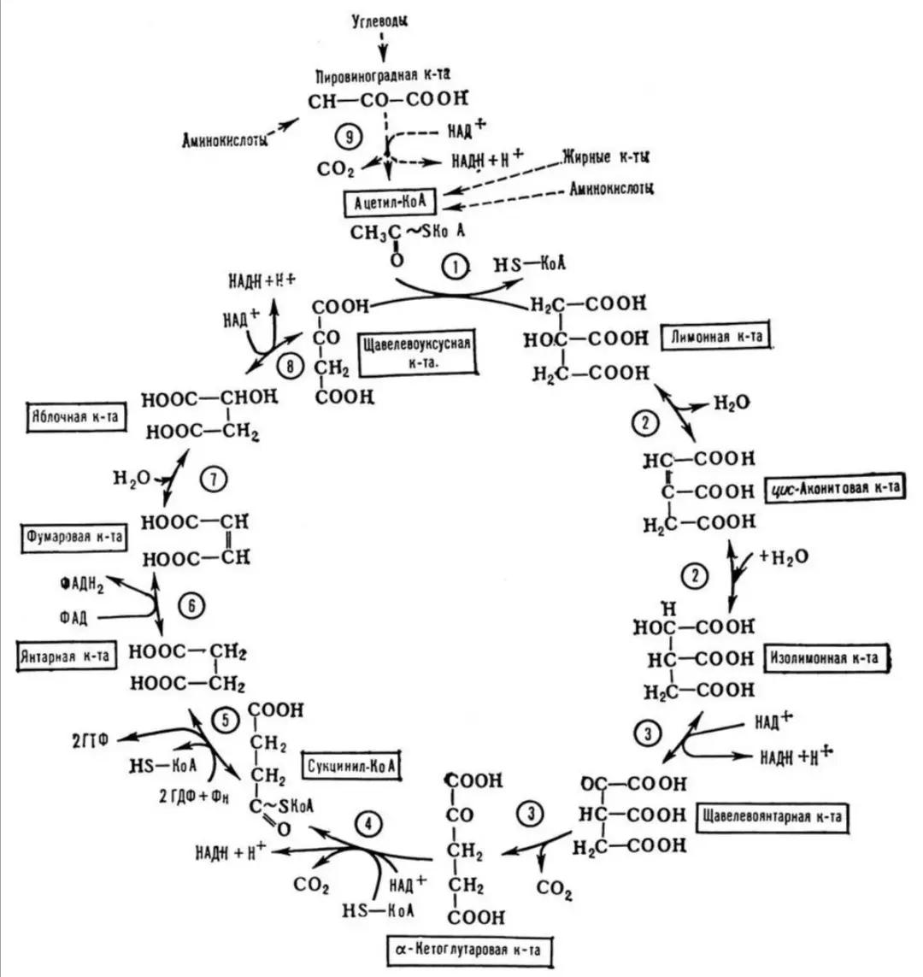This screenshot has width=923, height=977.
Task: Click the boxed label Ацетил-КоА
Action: [x=388, y=203]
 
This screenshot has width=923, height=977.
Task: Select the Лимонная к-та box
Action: [x=716, y=337]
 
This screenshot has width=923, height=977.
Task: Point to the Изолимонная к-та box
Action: [x=823, y=658]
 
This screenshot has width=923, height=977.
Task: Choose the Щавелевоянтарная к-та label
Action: [x=772, y=816]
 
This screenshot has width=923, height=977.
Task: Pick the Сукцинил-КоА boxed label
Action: [x=351, y=764]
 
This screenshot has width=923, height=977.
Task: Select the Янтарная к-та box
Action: [x=67, y=656]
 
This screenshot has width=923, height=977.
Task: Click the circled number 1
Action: [x=456, y=268]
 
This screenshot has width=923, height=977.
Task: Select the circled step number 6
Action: [x=192, y=605]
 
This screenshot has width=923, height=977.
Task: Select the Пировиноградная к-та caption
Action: [x=389, y=75]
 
